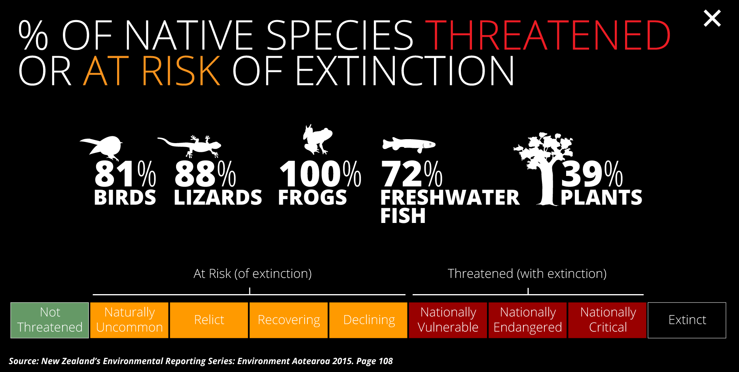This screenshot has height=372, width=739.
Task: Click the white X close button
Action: tap(712, 19)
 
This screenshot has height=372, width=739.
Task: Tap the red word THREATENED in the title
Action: tap(548, 35)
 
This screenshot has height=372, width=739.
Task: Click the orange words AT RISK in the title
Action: tap(152, 71)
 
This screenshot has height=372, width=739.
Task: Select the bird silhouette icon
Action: tap(102, 147)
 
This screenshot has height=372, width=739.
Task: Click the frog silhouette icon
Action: tap(317, 139)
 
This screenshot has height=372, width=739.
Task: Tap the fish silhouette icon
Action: tap(409, 145)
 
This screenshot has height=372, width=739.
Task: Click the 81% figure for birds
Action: tap(125, 174)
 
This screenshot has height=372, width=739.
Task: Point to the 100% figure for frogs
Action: tap(320, 174)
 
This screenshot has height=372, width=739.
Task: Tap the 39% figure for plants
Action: tap(592, 174)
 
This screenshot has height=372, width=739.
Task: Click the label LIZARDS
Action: tap(218, 197)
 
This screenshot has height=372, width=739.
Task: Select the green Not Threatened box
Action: tap(49, 320)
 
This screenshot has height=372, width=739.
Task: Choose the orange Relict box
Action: tap(209, 320)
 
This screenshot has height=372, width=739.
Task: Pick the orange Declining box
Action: tap(368, 320)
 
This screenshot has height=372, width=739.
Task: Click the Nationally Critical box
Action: tap(607, 320)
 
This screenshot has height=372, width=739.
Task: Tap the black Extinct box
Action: tap(687, 320)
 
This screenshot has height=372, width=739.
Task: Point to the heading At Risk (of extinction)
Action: tap(252, 274)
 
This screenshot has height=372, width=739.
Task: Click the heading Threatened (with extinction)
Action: tap(527, 274)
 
